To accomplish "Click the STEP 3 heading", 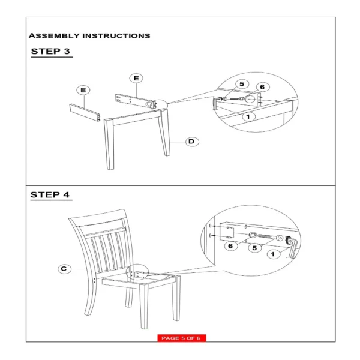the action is tap(50, 51).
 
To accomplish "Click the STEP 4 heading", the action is tap(50, 194).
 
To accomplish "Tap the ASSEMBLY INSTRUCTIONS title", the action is tap(89, 36).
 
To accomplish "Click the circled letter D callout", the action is tap(192, 142).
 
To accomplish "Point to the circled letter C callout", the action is tap(64, 269).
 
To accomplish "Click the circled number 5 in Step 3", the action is tap(242, 84).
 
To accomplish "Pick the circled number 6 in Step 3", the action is tap(262, 87).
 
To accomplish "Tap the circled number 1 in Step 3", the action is tap(248, 116).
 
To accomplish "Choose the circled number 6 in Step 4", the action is tap(230, 246).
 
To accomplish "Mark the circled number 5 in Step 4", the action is tap(254, 248).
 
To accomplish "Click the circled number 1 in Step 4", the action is tap(273, 254).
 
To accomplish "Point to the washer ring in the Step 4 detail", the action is tap(253, 235).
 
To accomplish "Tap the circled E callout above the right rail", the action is tap(136, 78).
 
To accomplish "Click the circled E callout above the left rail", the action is tap(83, 90).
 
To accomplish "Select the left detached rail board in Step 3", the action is tap(85, 113).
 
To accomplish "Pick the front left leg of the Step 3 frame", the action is tap(109, 144).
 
